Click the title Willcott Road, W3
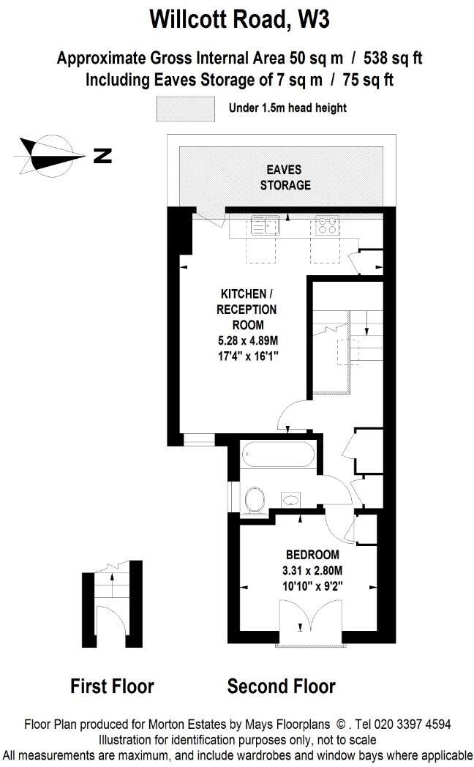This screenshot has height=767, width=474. [x=239, y=18]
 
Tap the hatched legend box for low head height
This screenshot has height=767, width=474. [x=185, y=108]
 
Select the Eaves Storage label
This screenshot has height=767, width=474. [x=285, y=177]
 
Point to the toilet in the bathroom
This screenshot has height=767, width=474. [x=255, y=501]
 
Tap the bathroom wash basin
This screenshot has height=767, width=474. [x=291, y=500]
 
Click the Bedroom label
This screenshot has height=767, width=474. [x=312, y=554]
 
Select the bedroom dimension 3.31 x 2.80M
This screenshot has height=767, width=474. [x=312, y=569]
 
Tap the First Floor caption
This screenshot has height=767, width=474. [x=112, y=686]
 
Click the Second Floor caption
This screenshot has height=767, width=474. [x=281, y=686]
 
